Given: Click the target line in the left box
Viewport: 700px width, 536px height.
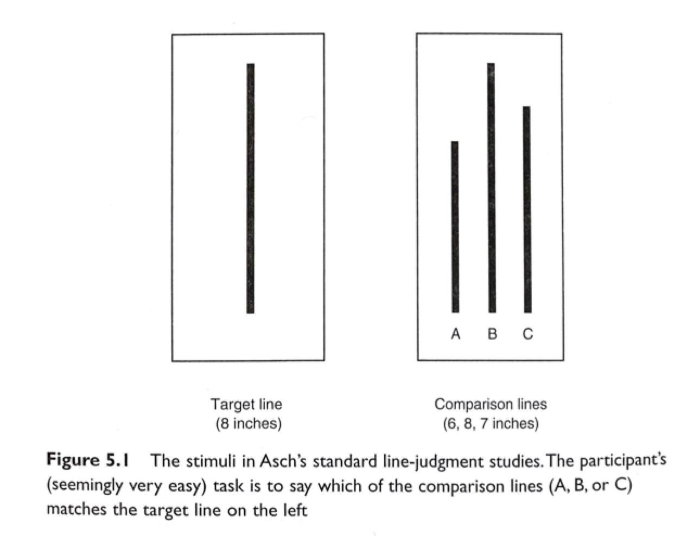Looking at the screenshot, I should pyautogui.click(x=250, y=188).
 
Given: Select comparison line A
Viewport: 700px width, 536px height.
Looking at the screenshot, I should pyautogui.click(x=455, y=227).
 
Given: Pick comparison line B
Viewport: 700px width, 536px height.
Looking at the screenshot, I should pyautogui.click(x=491, y=188).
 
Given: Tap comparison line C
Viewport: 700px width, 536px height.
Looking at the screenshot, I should pyautogui.click(x=527, y=209).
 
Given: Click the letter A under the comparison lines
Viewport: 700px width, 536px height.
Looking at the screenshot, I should pyautogui.click(x=455, y=334).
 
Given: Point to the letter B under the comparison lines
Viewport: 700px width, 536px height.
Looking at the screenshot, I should pyautogui.click(x=492, y=334).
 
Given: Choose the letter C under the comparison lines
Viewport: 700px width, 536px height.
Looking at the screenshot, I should pyautogui.click(x=528, y=334).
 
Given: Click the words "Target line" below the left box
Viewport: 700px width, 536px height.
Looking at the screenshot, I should pyautogui.click(x=246, y=404).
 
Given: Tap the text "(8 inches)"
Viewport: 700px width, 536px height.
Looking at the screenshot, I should pyautogui.click(x=249, y=423).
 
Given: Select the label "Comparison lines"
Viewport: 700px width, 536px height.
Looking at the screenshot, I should pyautogui.click(x=491, y=404).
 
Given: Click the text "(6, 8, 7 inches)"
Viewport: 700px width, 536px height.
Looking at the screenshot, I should pyautogui.click(x=491, y=423).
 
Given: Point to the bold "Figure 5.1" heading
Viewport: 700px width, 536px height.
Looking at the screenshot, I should pyautogui.click(x=87, y=460).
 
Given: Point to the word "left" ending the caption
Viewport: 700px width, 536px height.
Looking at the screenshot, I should pyautogui.click(x=295, y=510).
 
